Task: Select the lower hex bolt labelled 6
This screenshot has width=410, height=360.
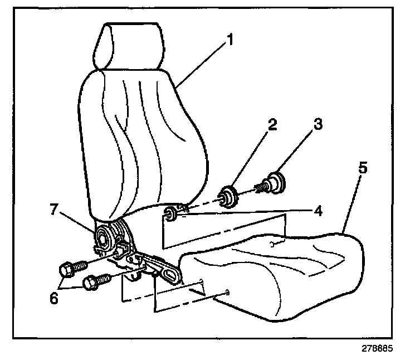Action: tap(92, 283)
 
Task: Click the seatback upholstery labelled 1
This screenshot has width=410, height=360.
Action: tap(139, 139)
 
